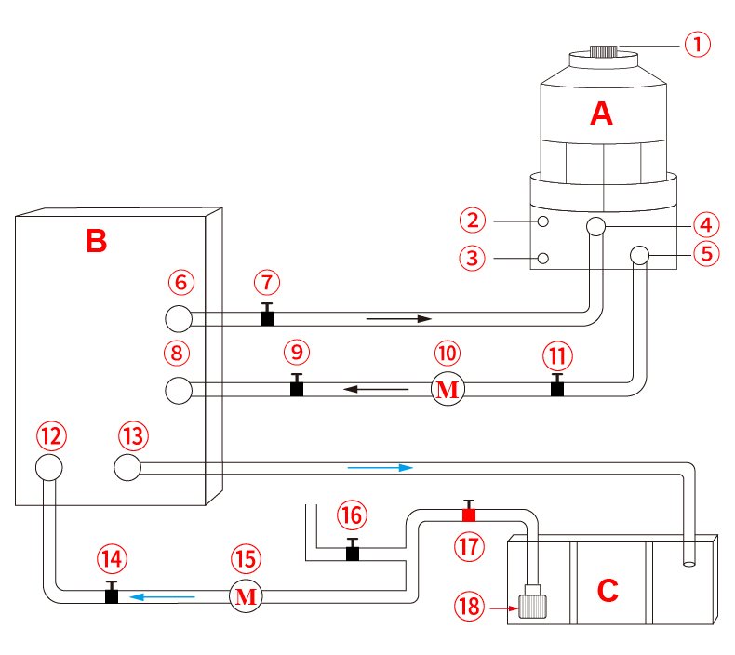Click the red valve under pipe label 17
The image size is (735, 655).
tap(469, 512)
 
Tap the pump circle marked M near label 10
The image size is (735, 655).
tap(448, 389)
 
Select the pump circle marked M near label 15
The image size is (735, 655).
tap(246, 596)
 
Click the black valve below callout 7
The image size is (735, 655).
tap(267, 314)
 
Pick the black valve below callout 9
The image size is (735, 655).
tap(296, 385)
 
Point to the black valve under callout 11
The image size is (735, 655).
tap(557, 385)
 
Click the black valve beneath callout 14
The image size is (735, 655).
tap(112, 593)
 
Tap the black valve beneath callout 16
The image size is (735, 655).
tap(353, 550)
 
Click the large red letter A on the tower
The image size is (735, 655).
tap(601, 114)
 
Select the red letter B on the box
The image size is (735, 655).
tap(97, 241)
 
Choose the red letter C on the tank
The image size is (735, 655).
tap(608, 590)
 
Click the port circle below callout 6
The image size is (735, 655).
tap(179, 319)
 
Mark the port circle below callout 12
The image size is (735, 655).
tap(49, 467)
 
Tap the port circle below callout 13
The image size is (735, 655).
tap(127, 467)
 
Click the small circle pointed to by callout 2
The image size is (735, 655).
tap(543, 221)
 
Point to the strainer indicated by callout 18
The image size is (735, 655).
tap(532, 602)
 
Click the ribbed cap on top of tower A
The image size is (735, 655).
tap(604, 50)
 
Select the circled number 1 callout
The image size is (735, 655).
tap(698, 45)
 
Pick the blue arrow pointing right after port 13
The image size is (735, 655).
tap(381, 467)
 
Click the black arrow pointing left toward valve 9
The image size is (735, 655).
tap(376, 389)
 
